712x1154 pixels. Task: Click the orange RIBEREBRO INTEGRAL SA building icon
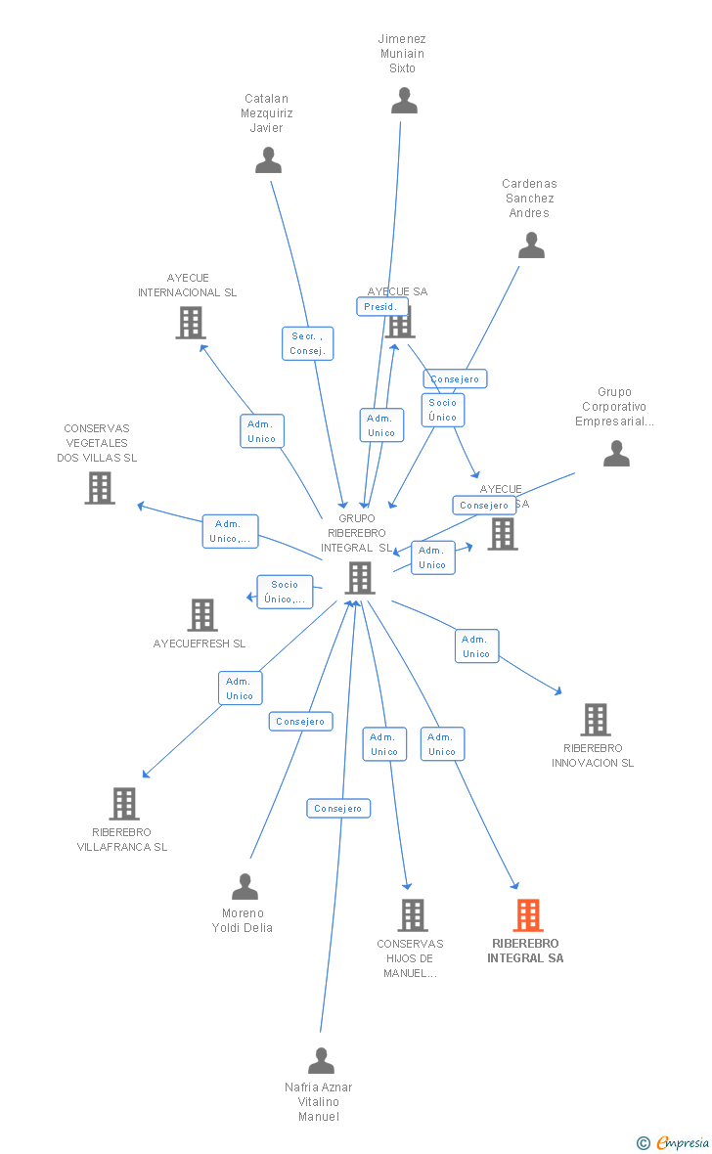coord(528,915)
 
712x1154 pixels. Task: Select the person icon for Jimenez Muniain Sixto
coord(404,101)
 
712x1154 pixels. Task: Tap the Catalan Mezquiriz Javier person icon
coord(268,160)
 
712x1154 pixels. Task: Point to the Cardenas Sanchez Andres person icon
coord(531,245)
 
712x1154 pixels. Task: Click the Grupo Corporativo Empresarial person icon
coord(616,454)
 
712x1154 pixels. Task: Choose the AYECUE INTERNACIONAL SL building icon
coord(190,322)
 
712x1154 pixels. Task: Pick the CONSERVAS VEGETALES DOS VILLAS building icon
coord(100,487)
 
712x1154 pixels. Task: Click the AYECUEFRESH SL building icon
coord(202,615)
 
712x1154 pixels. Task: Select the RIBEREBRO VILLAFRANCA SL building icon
coord(124,803)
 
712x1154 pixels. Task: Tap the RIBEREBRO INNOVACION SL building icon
coord(595,720)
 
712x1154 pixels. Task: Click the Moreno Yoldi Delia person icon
coord(245,887)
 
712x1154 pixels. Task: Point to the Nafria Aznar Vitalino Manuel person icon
coord(321,1061)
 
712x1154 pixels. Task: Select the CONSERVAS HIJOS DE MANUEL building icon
coord(413,915)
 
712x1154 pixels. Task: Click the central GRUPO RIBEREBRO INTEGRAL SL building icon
coord(360,578)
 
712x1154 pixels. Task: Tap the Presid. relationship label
coord(380,306)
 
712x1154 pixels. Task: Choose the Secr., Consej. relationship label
coord(307,343)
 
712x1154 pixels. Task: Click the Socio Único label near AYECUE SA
coord(442,410)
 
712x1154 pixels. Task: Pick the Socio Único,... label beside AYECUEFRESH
coord(285,592)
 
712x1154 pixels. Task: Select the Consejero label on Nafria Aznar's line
coord(338,809)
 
